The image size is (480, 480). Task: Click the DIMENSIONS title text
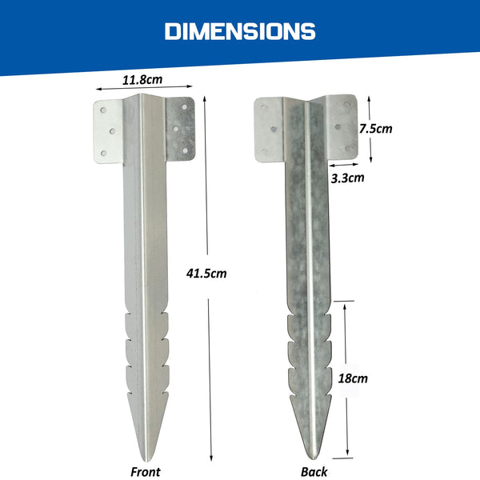click(240, 31)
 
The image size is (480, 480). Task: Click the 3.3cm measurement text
click(346, 178)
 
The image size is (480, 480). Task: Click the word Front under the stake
click(146, 472)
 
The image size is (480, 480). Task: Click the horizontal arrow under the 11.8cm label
click(144, 90)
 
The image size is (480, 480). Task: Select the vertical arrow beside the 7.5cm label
click(369, 126)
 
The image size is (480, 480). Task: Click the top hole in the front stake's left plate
click(102, 113)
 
